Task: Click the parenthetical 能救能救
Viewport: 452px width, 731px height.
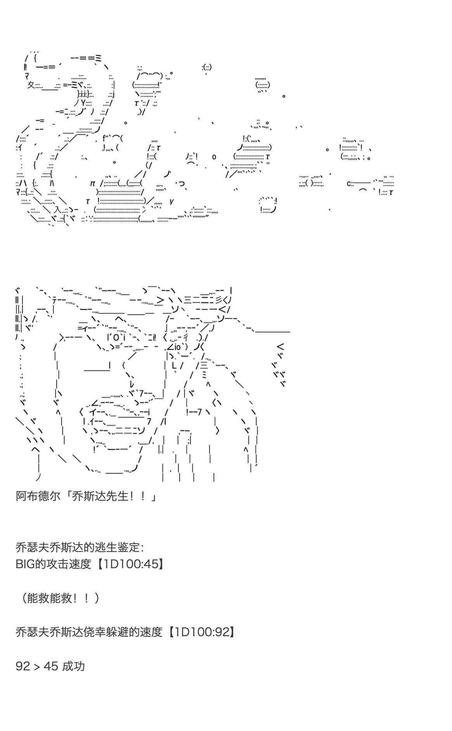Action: tap(50, 598)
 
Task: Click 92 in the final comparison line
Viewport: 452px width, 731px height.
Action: tap(23, 667)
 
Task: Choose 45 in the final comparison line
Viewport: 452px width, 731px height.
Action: tap(51, 667)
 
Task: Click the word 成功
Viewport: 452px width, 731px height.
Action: tap(73, 667)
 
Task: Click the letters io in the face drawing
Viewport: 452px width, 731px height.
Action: tap(178, 346)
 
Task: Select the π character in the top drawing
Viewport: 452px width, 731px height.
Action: tap(92, 183)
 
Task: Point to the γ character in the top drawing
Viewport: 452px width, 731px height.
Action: tap(171, 201)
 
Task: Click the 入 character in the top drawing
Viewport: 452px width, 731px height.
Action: tap(58, 210)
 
